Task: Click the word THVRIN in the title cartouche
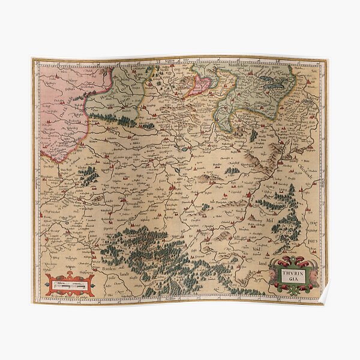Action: click(x=292, y=271)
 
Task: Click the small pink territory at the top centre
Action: click(x=199, y=86)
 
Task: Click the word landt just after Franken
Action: click(x=124, y=276)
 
